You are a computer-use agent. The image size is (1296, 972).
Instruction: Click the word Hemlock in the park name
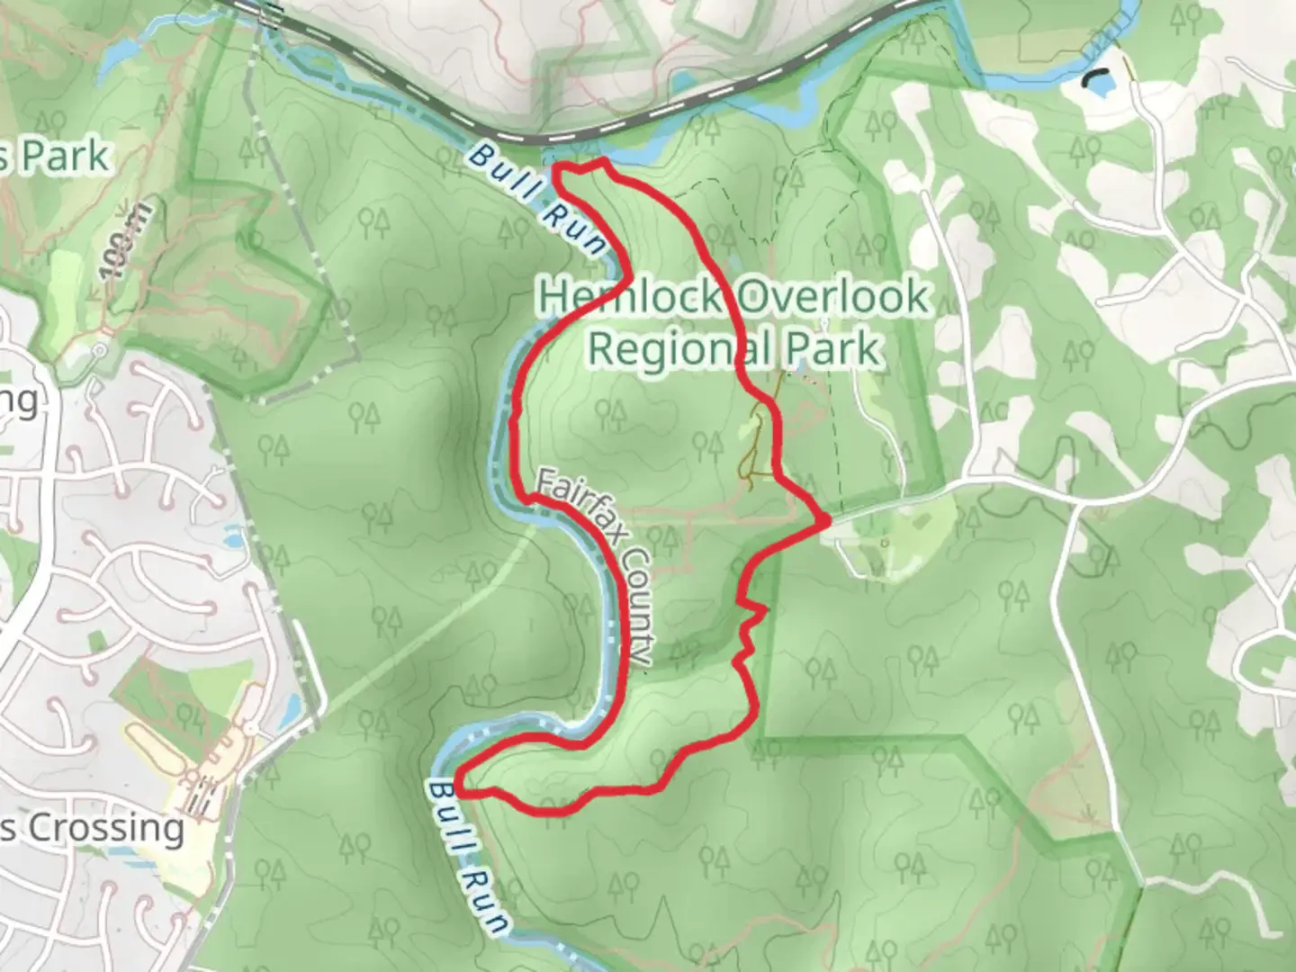(x=630, y=296)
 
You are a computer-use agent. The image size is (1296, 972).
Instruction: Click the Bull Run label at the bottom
(x=468, y=857)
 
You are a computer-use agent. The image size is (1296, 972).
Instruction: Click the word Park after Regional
(x=836, y=347)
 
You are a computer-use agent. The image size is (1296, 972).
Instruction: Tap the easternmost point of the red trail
(x=825, y=520)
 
